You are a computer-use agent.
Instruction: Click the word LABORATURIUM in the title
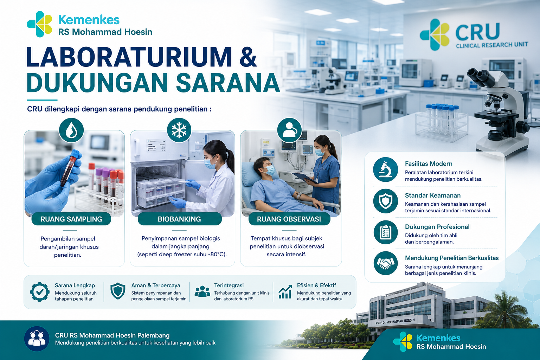[129, 57]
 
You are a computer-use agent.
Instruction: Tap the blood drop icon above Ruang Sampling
[71, 130]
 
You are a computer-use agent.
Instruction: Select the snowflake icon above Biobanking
[179, 130]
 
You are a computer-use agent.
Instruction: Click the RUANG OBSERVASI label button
[289, 219]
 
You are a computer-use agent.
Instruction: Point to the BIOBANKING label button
[179, 219]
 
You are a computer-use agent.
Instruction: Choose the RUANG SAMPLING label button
[71, 219]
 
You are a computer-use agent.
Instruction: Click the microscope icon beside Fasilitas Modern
[385, 169]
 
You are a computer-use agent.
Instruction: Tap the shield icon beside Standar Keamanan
[385, 201]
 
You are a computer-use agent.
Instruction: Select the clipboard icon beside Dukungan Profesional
[385, 232]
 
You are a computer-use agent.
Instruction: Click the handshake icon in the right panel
[385, 264]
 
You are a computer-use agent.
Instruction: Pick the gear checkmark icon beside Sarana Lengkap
[40, 292]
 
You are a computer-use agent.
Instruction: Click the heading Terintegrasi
[229, 285]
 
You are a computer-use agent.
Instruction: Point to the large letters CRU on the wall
[477, 32]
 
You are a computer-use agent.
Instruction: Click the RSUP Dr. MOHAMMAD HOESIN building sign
[395, 321]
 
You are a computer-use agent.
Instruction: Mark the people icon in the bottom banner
[37, 339]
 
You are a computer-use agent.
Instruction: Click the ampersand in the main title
[248, 57]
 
